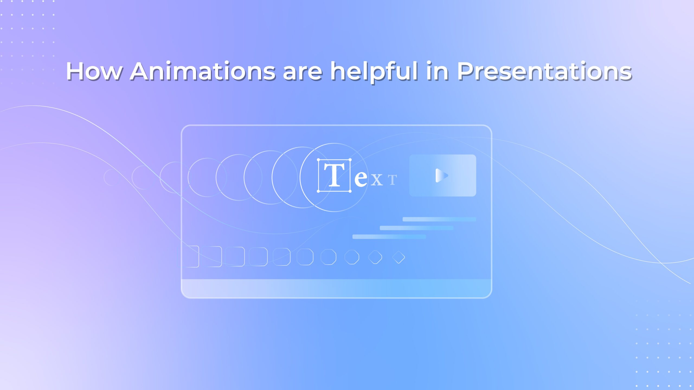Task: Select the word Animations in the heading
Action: [203, 71]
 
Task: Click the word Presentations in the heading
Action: [544, 71]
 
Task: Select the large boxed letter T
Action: [334, 175]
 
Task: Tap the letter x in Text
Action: [377, 180]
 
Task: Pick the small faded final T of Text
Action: [392, 180]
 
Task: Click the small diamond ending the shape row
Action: [399, 257]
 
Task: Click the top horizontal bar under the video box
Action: [439, 219]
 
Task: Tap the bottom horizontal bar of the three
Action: [389, 237]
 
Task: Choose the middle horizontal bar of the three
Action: [416, 228]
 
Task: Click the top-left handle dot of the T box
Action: [319, 160]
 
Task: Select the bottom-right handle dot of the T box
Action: [350, 191]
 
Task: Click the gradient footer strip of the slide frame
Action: [336, 288]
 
